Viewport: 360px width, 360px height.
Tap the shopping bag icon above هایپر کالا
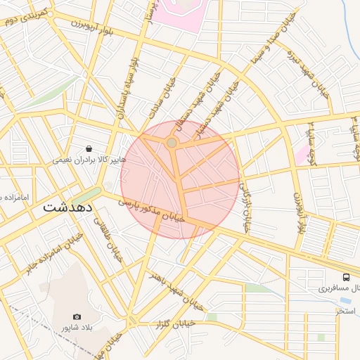[x=89, y=148]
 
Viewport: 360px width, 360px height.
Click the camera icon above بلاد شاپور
[x=77, y=316]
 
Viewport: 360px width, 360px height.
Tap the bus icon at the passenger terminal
[x=346, y=276]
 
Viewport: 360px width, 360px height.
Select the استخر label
[x=347, y=310]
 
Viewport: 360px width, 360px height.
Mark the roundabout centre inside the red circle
[x=172, y=143]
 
